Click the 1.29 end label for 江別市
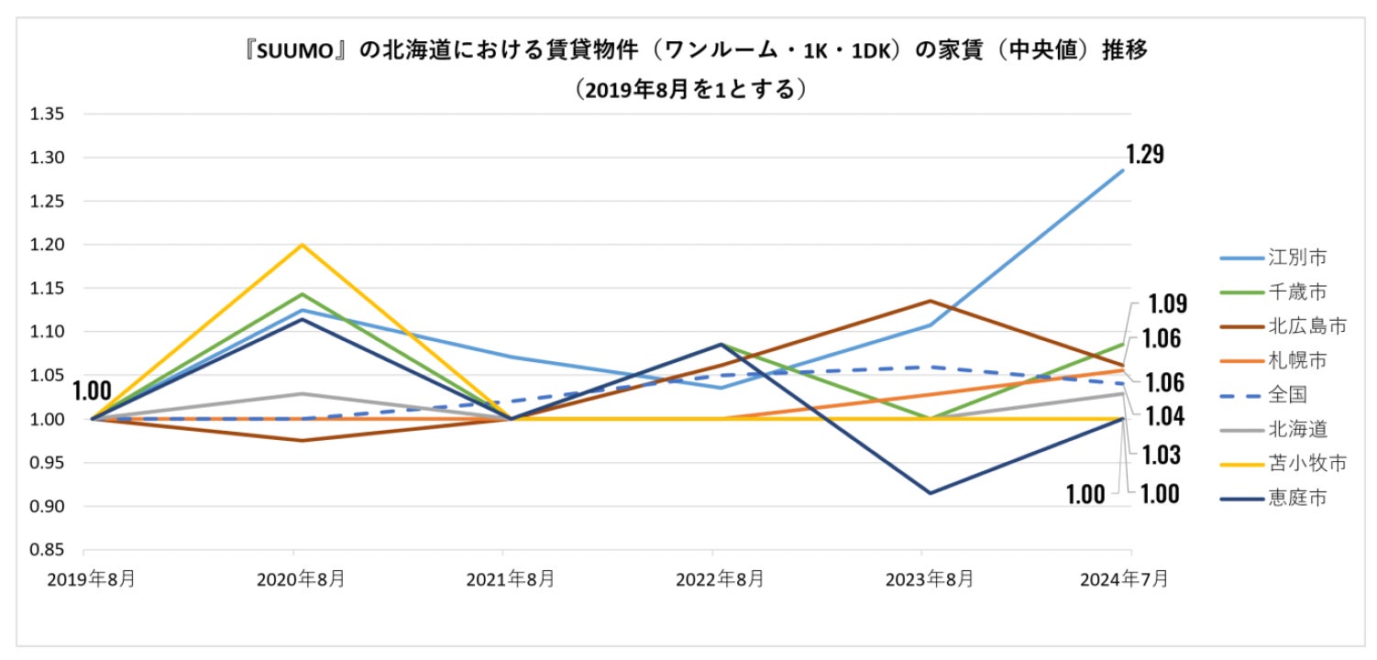coord(1145,154)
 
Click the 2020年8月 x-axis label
coord(293,579)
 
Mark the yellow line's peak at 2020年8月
coord(302,245)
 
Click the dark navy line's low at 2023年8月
coord(930,493)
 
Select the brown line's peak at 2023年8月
coord(930,301)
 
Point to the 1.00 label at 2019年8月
coord(92,391)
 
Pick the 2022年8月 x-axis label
coord(712,579)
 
